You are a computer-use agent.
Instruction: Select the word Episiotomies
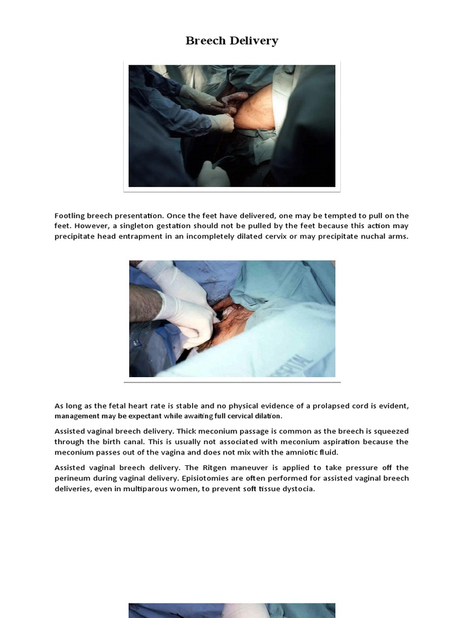coord(95,478)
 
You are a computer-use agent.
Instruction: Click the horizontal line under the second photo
coord(232,382)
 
